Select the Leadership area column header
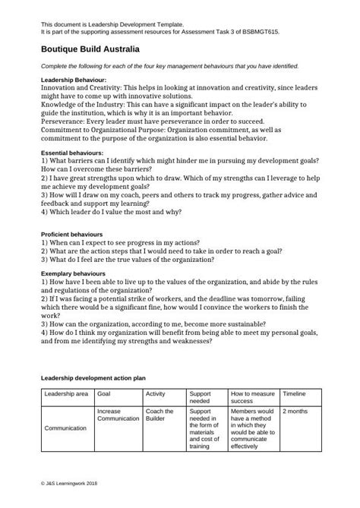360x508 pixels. pyautogui.click(x=66, y=395)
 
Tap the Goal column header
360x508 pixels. pyautogui.click(x=105, y=395)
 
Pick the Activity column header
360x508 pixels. pyautogui.click(x=155, y=395)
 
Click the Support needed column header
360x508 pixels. pyautogui.click(x=201, y=399)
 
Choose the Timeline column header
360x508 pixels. pyautogui.click(x=295, y=395)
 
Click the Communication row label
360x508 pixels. pyautogui.click(x=66, y=428)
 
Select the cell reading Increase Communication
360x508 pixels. pyautogui.click(x=118, y=415)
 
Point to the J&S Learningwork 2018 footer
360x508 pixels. pyautogui.click(x=70, y=483)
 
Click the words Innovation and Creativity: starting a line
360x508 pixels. pyautogui.click(x=81, y=88)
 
